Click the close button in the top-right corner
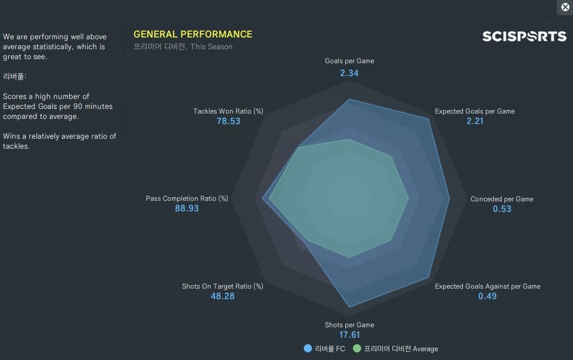pos(565,7)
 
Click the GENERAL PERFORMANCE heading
pos(193,35)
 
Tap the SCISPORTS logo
pos(524,36)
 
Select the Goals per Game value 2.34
pos(349,73)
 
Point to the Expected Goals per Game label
pos(475,111)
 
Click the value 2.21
pos(475,121)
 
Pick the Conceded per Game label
pos(502,199)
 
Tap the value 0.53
pos(502,209)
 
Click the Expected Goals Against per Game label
pos(487,286)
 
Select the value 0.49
pos(487,296)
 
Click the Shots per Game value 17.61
pos(349,335)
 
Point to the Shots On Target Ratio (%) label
pos(222,286)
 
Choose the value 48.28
pos(222,296)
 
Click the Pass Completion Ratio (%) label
pos(187,198)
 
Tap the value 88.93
pos(187,208)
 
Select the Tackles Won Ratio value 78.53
pos(228,121)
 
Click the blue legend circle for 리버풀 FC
pos(308,348)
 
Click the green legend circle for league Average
pos(356,348)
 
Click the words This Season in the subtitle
pos(211,47)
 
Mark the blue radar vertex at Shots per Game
pos(349,307)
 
